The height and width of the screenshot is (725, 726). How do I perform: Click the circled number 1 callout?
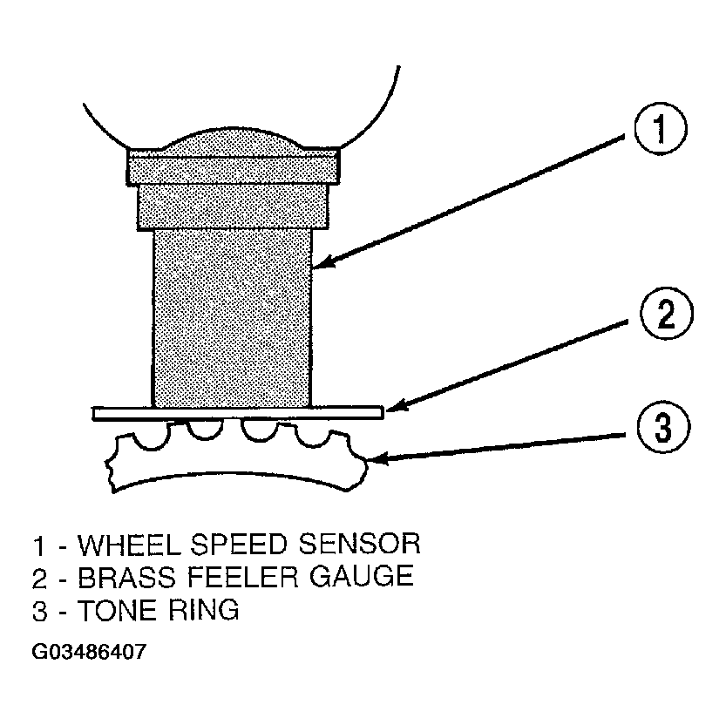click(x=661, y=128)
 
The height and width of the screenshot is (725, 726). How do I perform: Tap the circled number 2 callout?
click(x=666, y=314)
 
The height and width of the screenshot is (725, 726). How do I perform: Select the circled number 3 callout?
click(x=663, y=426)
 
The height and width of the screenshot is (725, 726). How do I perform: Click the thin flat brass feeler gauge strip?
click(x=238, y=413)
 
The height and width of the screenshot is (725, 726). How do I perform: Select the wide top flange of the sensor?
click(x=234, y=166)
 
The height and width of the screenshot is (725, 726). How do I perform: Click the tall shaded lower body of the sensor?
click(x=232, y=318)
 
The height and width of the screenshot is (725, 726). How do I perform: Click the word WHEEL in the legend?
click(x=129, y=545)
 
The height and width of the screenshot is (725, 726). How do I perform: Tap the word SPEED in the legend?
click(x=239, y=545)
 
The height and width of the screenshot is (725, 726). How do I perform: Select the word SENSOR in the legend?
click(x=359, y=545)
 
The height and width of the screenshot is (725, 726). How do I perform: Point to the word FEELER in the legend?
click(x=242, y=577)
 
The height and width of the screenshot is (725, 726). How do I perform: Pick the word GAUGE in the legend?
click(x=361, y=577)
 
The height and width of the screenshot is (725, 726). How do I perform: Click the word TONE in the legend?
click(x=117, y=610)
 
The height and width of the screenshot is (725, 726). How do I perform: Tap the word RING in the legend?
click(x=204, y=610)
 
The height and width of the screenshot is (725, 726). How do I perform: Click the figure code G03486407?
click(x=89, y=652)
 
